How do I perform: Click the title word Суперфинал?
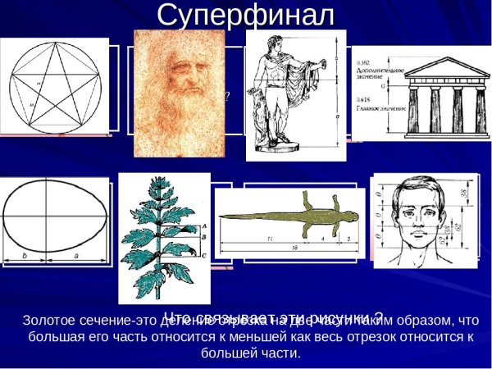[x=246, y=14]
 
